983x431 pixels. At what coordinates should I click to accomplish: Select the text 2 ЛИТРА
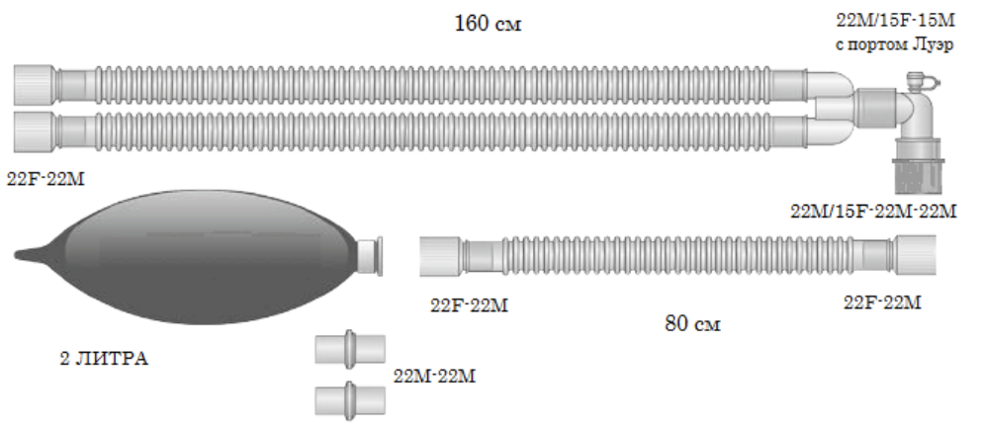click(x=103, y=359)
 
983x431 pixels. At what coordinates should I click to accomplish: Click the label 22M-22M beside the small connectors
click(x=436, y=376)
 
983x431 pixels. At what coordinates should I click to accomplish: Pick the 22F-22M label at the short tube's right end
click(x=882, y=302)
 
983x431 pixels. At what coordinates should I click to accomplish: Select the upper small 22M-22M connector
click(x=348, y=350)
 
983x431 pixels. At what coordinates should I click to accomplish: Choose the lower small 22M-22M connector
click(x=348, y=399)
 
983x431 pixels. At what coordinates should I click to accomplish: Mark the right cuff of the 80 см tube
click(x=915, y=254)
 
